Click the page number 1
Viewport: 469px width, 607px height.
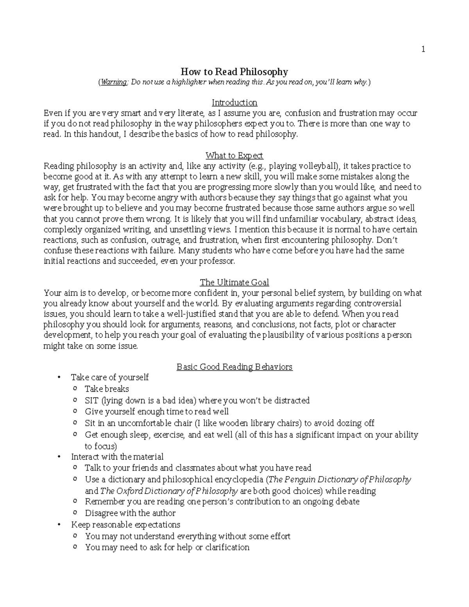[x=423, y=49]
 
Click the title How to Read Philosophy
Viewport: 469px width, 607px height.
[x=234, y=72]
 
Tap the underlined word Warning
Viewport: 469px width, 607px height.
[x=114, y=82]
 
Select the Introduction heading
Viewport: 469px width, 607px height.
[x=234, y=102]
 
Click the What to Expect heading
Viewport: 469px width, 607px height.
[x=234, y=156]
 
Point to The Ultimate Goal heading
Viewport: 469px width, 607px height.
[x=234, y=282]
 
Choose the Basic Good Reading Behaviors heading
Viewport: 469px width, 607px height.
[x=234, y=367]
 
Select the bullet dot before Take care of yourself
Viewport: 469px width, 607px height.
[x=59, y=378]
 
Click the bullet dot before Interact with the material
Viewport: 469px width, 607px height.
[x=59, y=457]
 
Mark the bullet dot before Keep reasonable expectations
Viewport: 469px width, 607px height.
[x=59, y=525]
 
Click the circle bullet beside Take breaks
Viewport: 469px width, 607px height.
[x=75, y=389]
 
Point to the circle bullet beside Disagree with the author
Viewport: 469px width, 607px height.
[x=75, y=513]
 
